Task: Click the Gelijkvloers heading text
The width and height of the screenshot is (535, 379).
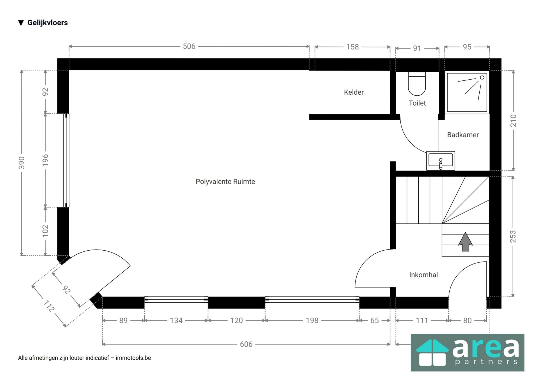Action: (48, 23)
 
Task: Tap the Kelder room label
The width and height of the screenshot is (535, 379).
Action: (354, 92)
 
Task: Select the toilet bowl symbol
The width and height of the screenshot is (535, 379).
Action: (417, 84)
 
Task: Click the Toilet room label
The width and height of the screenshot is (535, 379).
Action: (417, 103)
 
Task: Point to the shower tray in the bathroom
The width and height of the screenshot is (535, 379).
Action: (467, 92)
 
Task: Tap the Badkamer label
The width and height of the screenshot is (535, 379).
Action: (463, 135)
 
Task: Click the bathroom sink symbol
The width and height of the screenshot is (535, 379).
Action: (441, 161)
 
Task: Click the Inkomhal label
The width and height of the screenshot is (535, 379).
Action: (423, 275)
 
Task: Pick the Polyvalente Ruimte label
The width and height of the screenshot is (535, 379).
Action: (225, 182)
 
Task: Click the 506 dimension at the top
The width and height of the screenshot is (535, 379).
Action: (189, 46)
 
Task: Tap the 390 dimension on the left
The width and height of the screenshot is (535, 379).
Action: (22, 163)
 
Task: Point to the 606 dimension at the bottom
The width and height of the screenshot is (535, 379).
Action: (246, 344)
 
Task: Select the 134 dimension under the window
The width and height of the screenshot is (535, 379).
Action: (176, 320)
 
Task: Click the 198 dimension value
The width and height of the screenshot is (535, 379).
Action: (312, 320)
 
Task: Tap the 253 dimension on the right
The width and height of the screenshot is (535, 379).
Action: (513, 236)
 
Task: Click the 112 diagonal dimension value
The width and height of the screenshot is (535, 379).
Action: (49, 306)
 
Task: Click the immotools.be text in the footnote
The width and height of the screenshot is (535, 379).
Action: (133, 358)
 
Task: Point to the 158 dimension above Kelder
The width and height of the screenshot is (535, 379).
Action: (352, 47)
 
